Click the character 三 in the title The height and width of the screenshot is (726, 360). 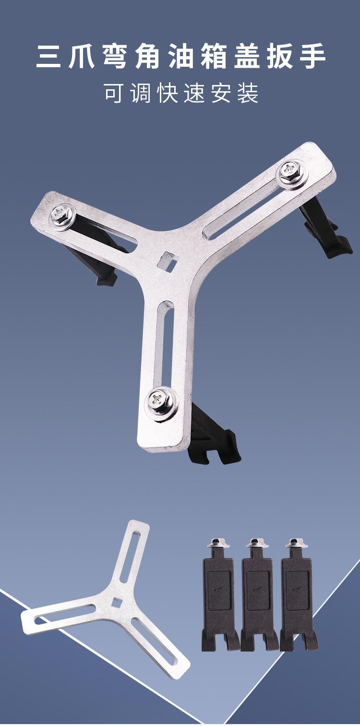[48, 57]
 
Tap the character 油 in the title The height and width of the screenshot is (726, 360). [180, 57]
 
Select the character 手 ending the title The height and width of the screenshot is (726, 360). [312, 57]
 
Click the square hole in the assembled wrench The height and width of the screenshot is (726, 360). [168, 259]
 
